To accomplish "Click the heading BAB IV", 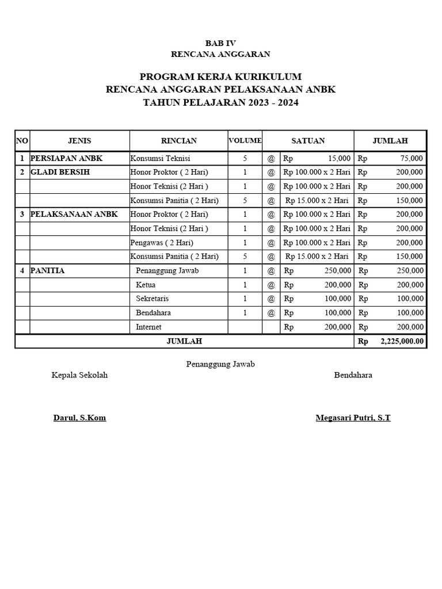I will [220, 43].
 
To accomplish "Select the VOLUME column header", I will [245, 140].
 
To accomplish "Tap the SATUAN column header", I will [308, 140].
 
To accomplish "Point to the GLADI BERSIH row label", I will [60, 172].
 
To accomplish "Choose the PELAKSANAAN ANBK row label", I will [74, 214].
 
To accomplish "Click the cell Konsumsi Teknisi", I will [160, 158].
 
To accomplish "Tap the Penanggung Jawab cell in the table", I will [167, 270].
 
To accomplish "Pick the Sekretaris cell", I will [153, 299].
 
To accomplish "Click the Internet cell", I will [148, 327].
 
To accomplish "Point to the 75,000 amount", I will [411, 158].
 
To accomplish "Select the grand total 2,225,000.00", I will [402, 341].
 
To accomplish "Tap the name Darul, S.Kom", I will [79, 418].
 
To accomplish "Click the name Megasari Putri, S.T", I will [353, 418].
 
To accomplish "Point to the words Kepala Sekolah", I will [79, 375].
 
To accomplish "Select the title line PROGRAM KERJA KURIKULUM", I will [220, 77].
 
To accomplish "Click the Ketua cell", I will [146, 285].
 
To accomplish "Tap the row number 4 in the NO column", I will [22, 270].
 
